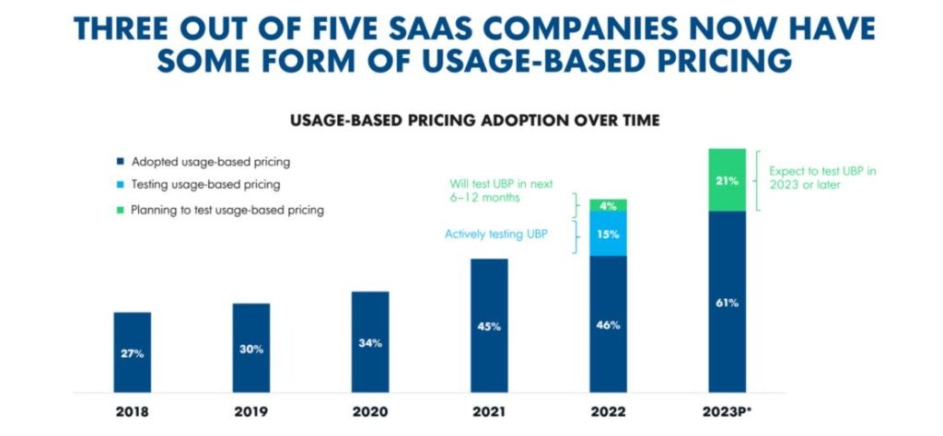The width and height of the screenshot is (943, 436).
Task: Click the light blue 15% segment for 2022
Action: tap(607, 234)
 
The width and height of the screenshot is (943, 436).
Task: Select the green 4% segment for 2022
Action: tap(607, 204)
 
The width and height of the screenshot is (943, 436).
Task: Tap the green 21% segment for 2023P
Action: tap(726, 179)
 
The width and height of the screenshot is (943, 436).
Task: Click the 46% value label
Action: tap(607, 325)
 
